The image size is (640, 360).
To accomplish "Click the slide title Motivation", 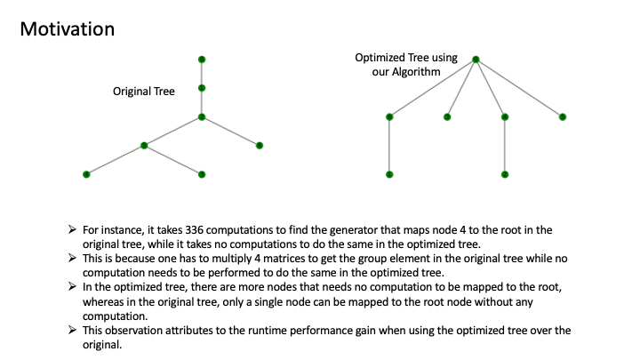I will pyautogui.click(x=67, y=29).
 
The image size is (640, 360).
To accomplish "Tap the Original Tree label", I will pyautogui.click(x=143, y=91).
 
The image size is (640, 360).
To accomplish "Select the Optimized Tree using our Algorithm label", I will pyautogui.click(x=406, y=64).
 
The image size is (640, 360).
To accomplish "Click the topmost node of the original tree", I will pyautogui.click(x=203, y=59).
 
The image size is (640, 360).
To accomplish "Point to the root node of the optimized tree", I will pyautogui.click(x=476, y=60).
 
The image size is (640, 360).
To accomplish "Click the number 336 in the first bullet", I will pyautogui.click(x=199, y=228).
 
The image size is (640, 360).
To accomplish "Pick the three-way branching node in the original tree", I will pyautogui.click(x=203, y=116).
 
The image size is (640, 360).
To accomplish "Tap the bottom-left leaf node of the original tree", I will pyautogui.click(x=86, y=174).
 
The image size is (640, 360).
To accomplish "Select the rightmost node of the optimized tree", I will pyautogui.click(x=563, y=116).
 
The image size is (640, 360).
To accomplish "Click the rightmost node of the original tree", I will pyautogui.click(x=260, y=145).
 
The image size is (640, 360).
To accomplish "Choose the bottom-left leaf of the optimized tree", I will pyautogui.click(x=389, y=174).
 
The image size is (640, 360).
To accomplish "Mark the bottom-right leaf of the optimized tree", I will pyautogui.click(x=505, y=174).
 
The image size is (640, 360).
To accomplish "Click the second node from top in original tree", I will pyautogui.click(x=203, y=88).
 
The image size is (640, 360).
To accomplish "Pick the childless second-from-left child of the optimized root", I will pyautogui.click(x=447, y=116).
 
